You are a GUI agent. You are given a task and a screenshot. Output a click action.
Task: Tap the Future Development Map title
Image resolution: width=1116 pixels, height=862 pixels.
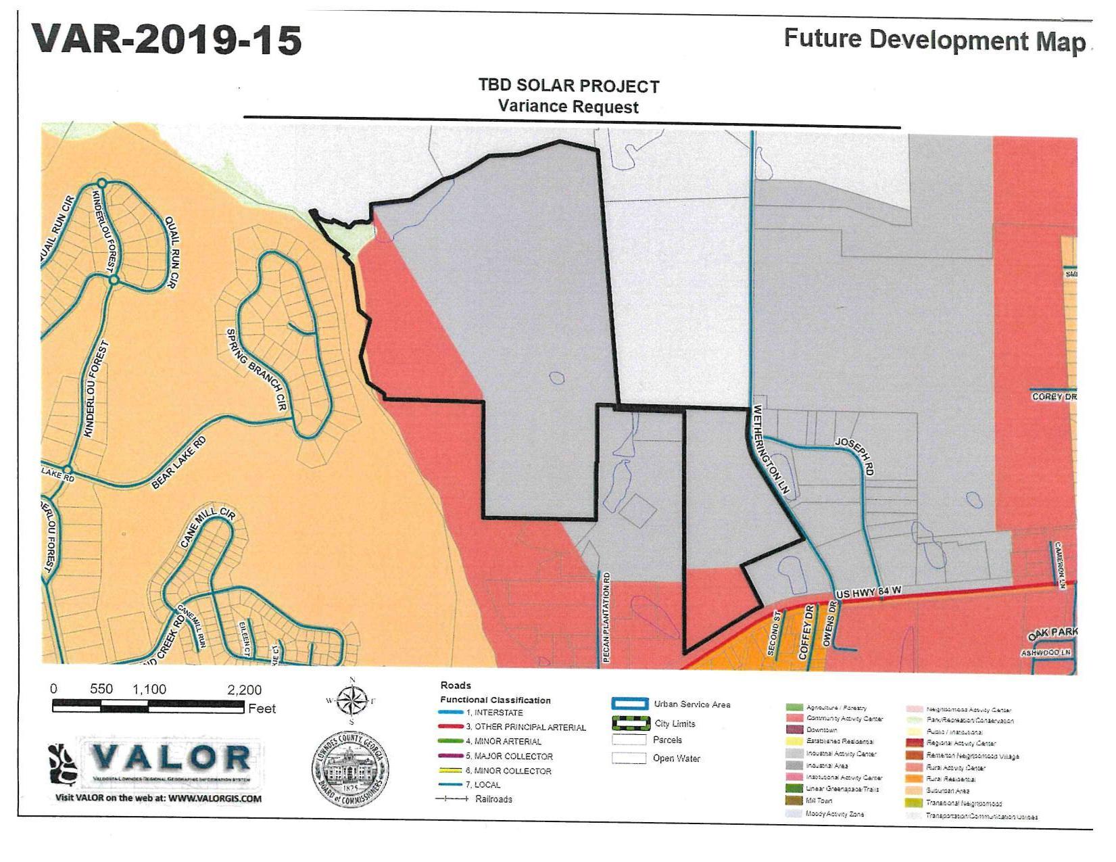click(x=934, y=40)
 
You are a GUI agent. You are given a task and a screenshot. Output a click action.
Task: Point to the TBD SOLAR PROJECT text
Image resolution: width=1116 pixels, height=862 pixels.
click(x=568, y=86)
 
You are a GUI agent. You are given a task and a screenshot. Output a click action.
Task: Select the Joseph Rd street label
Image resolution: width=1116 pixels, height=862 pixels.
click(x=856, y=456)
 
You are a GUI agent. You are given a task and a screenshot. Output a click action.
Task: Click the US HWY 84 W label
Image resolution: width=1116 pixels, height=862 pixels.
click(x=869, y=593)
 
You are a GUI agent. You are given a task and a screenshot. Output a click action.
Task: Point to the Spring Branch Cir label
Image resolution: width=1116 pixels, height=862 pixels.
click(x=257, y=369)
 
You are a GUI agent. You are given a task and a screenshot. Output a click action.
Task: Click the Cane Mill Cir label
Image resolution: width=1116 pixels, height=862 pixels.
click(x=208, y=527)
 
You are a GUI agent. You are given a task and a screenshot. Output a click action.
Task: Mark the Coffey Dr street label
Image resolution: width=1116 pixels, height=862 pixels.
click(x=805, y=632)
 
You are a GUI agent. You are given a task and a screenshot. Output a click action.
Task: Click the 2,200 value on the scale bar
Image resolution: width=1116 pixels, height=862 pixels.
click(x=244, y=690)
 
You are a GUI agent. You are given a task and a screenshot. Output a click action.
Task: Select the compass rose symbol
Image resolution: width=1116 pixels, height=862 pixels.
click(x=351, y=700)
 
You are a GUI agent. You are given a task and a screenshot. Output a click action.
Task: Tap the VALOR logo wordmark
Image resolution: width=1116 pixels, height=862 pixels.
click(x=170, y=757)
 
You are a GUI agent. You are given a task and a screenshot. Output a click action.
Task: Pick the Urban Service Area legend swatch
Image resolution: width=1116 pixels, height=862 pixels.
click(x=630, y=704)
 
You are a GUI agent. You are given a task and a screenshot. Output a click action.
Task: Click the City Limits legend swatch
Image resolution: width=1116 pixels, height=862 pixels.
click(x=630, y=723)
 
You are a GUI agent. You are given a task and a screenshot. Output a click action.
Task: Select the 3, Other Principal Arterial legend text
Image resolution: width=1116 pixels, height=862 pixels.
click(x=525, y=727)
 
